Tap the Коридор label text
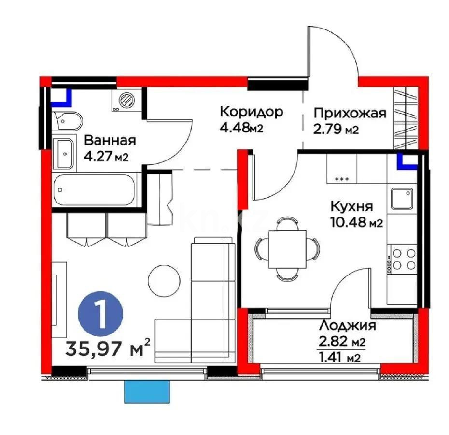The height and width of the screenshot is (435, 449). (x=251, y=112)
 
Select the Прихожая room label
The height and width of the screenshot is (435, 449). (x=350, y=114)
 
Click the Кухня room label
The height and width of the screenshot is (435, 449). (x=351, y=206)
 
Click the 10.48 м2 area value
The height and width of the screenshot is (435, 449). (x=356, y=223)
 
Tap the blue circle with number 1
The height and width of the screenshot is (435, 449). (x=101, y=315)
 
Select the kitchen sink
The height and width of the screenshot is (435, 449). (x=402, y=198)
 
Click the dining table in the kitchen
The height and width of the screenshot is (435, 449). (x=287, y=247)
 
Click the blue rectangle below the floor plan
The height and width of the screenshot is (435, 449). (x=148, y=391)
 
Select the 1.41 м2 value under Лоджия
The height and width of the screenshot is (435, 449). (x=340, y=357)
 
